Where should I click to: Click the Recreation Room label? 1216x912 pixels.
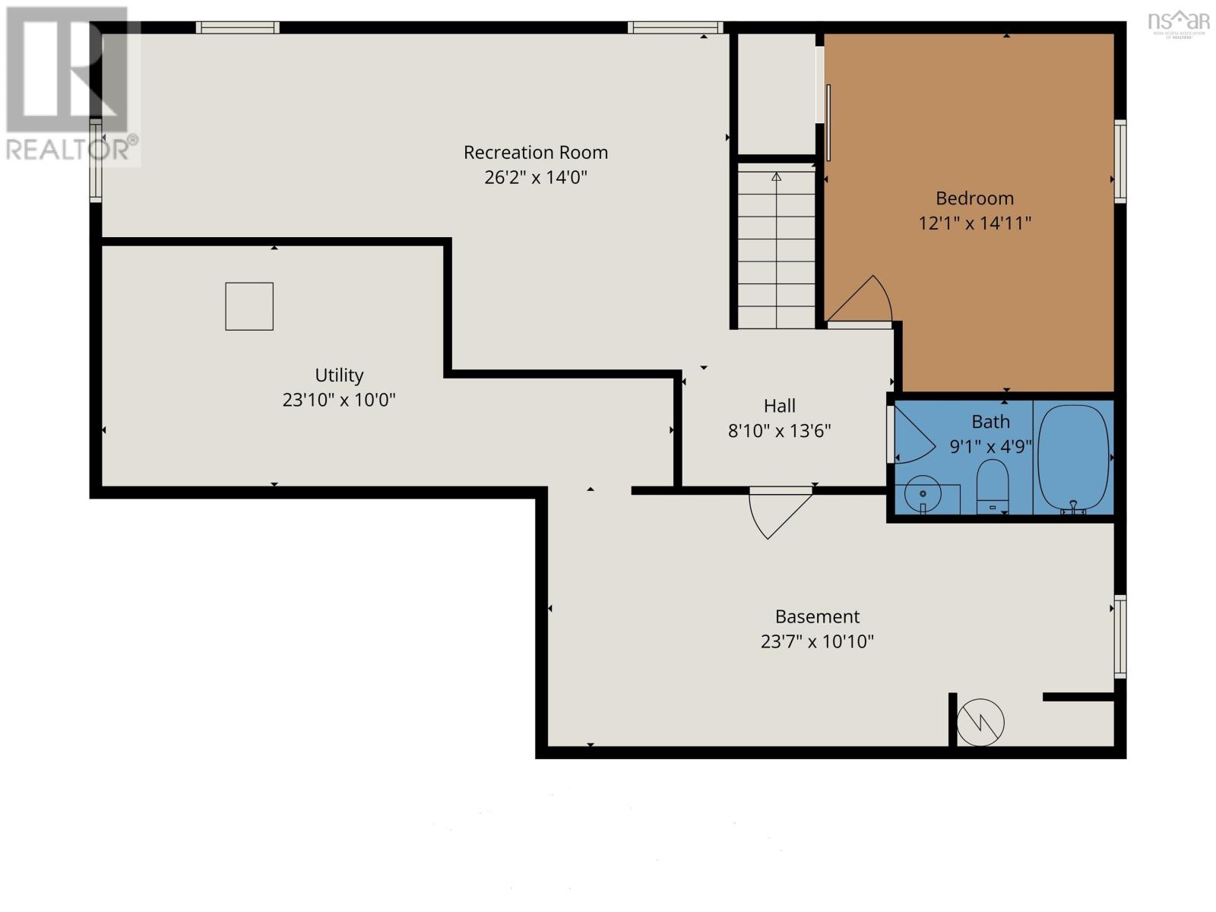coord(536,153)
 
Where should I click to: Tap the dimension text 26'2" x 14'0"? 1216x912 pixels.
coord(536,178)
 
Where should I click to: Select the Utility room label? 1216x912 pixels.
coord(339,375)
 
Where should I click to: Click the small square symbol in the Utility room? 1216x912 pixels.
coord(249,306)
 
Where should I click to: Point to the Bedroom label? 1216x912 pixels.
coord(974,198)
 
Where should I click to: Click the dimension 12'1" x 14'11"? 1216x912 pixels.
coord(974,223)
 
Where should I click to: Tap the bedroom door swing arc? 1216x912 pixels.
coord(866,300)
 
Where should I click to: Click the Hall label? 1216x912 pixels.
coord(780,406)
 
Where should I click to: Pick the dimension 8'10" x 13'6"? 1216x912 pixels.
coord(780,431)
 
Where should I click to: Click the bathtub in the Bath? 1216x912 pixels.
coord(1074,458)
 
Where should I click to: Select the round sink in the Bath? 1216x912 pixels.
coord(923,495)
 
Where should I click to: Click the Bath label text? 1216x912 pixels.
coord(990,422)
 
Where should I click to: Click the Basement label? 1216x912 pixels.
coord(817,616)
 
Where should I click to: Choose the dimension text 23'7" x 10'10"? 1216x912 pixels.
coord(817,641)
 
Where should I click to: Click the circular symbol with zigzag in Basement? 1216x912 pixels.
coord(980,722)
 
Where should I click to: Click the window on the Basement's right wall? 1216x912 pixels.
coord(1119,637)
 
